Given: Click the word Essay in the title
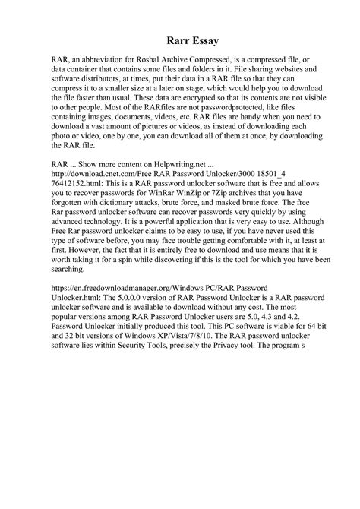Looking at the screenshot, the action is click(194, 35).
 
